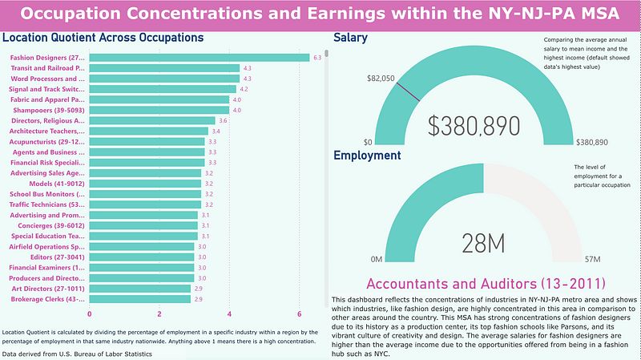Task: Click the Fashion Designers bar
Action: point(199,58)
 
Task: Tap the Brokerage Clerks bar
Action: point(139,299)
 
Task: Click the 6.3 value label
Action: point(317,58)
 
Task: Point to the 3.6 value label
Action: point(223,120)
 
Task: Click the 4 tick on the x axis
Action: point(230,313)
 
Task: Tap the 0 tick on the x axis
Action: point(89,313)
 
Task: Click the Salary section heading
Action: point(350,38)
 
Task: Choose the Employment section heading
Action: point(367,156)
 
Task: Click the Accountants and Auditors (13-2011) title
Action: point(484,284)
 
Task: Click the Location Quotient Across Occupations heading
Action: point(103,38)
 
